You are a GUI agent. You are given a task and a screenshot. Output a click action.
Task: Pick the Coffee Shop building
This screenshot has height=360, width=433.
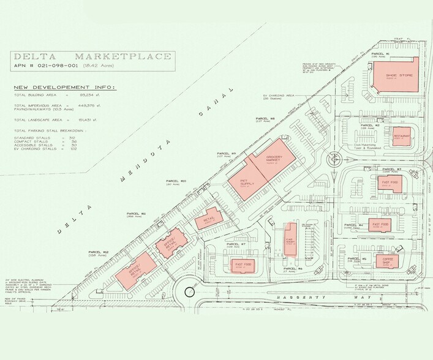[x=387, y=260]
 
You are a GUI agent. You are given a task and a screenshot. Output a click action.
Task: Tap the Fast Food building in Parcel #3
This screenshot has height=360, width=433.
[x=391, y=184]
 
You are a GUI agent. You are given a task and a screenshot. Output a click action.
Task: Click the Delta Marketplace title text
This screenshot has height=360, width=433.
[x=93, y=56]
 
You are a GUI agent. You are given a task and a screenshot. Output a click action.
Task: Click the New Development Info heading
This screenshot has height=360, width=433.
[x=66, y=87]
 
